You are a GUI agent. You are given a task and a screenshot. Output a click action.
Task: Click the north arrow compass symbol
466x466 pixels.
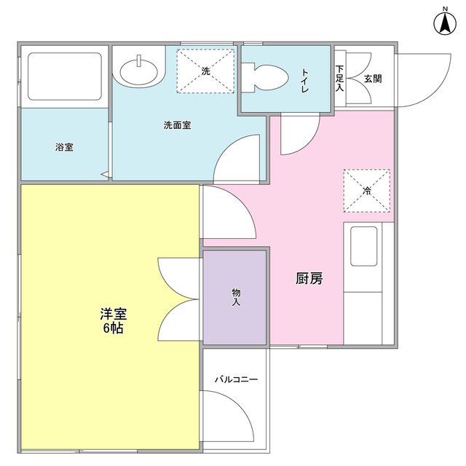click(x=443, y=22)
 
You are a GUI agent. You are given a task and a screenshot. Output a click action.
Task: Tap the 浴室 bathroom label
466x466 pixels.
click(x=64, y=147)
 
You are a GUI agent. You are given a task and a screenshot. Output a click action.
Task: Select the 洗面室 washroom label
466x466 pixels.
click(x=177, y=125)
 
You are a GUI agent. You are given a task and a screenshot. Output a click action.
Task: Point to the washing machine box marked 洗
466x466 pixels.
click(x=205, y=71)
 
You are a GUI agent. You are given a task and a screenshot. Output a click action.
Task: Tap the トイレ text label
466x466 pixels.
click(x=304, y=79)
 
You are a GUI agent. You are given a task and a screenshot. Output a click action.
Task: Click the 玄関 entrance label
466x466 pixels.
click(x=372, y=78)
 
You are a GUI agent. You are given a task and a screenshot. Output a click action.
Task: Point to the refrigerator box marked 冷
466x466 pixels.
click(x=366, y=191)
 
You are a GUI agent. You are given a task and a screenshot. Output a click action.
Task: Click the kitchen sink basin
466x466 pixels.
click(x=363, y=246)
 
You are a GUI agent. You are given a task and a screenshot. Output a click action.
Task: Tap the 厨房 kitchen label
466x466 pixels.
click(x=309, y=278)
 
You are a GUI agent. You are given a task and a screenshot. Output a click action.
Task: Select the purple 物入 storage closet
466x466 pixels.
click(x=235, y=296)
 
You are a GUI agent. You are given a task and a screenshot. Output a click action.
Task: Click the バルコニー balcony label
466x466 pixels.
click(x=235, y=380)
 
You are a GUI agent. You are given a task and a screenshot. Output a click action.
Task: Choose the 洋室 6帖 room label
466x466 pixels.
click(x=113, y=320)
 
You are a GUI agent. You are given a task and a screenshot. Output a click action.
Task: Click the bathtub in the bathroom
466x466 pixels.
click(x=63, y=76)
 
